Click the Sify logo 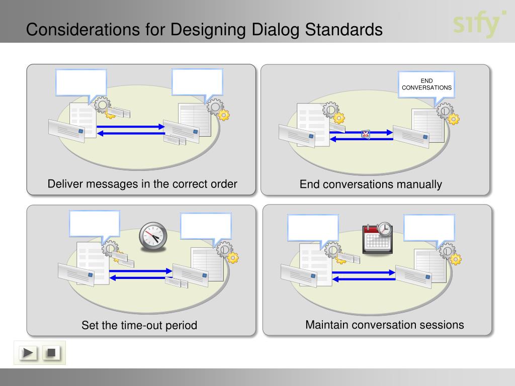click(x=478, y=23)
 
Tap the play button click(x=29, y=353)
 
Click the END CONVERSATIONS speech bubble click(x=426, y=83)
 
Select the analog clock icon click(x=153, y=235)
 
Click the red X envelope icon click(x=366, y=134)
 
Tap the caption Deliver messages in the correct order click(x=142, y=183)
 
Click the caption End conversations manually click(x=371, y=184)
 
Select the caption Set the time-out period click(x=139, y=325)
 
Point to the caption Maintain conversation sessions click(x=384, y=325)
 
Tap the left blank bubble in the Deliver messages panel click(x=81, y=82)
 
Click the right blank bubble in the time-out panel click(x=206, y=226)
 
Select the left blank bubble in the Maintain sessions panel click(x=313, y=228)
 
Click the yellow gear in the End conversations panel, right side click(x=453, y=119)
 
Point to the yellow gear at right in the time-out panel click(x=232, y=258)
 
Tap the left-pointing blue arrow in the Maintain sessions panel click(x=364, y=278)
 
